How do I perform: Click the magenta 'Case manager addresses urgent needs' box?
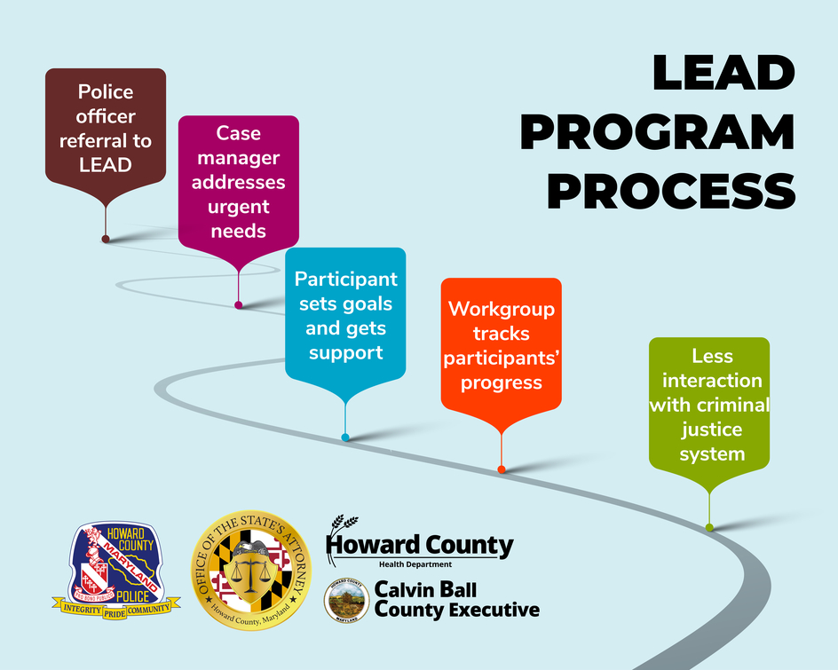pos(239,182)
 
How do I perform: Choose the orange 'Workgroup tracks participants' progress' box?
pos(502,345)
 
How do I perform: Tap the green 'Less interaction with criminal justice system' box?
pos(709,405)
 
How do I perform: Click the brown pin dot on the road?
pos(106,239)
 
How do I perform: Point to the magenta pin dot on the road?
pos(238,305)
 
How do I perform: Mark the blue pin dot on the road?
pos(345,437)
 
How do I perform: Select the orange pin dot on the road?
pos(502,469)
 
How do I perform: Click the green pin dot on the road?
pos(709,528)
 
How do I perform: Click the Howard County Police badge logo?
pos(116,569)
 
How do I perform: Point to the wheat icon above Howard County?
pos(341,530)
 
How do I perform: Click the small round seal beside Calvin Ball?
pos(346,600)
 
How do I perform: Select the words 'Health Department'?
pos(415,564)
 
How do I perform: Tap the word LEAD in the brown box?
pos(106,164)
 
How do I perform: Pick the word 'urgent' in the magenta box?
pos(238,207)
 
